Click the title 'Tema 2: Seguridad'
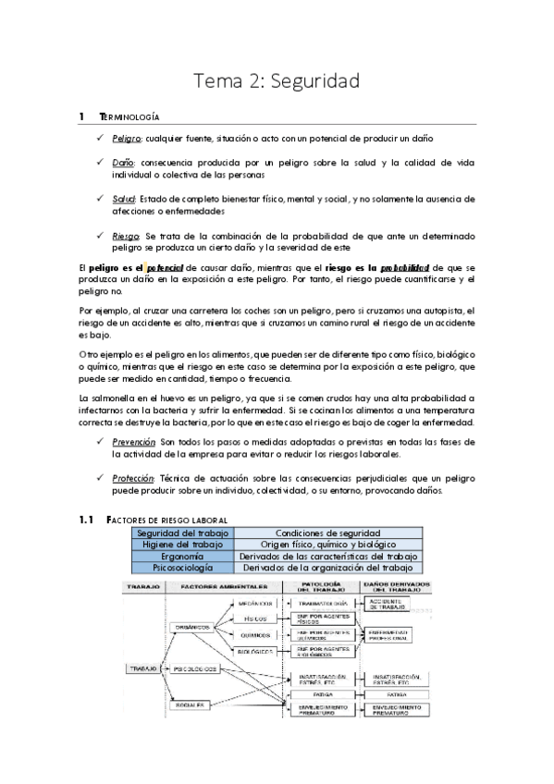276,82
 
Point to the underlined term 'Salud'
123,199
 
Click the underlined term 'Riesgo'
125,236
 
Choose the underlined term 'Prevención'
133,443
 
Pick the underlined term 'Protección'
133,479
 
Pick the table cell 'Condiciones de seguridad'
328,533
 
